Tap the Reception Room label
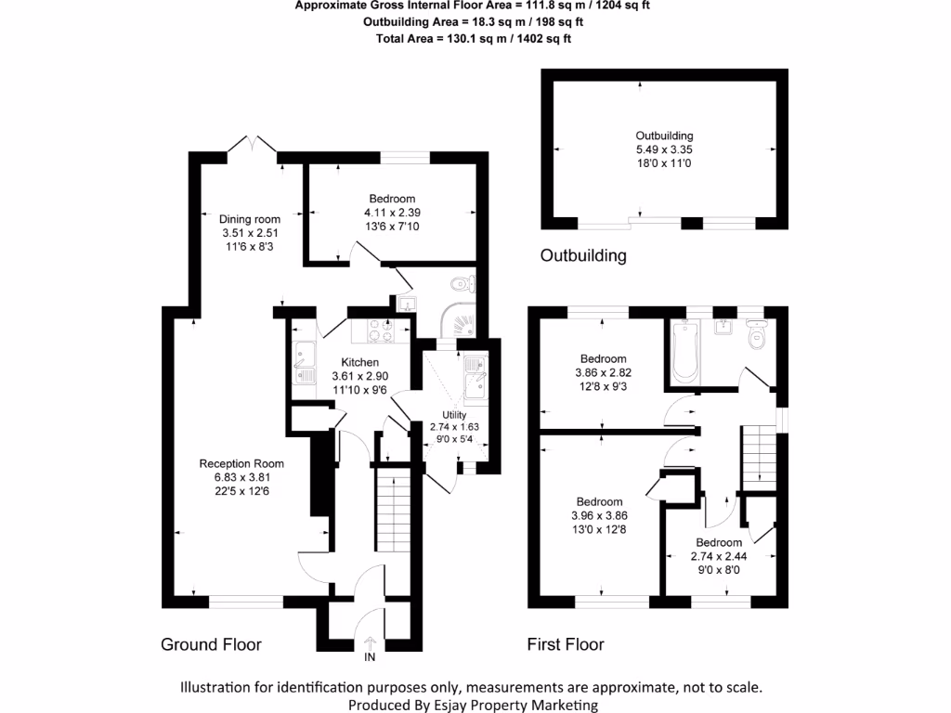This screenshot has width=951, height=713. (241, 464)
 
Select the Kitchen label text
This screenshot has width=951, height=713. (359, 362)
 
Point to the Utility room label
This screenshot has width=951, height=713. (454, 414)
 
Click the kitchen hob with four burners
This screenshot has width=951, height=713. (381, 330)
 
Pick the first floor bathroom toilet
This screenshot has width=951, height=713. (756, 334)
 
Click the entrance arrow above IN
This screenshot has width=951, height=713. (370, 642)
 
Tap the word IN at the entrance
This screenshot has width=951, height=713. (370, 659)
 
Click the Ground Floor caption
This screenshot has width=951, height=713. (211, 644)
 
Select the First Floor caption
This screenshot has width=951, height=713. (566, 644)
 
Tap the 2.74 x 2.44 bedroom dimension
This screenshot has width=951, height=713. (719, 557)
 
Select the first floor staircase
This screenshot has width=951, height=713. (758, 454)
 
